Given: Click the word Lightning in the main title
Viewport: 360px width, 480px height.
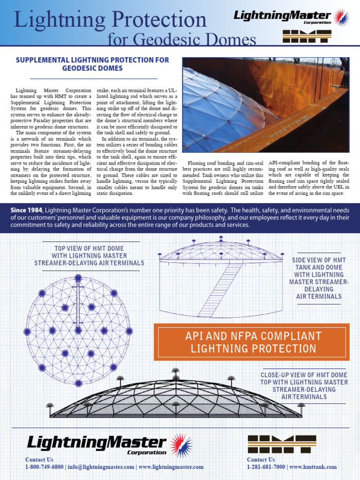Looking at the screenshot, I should pyautogui.click(x=56, y=20).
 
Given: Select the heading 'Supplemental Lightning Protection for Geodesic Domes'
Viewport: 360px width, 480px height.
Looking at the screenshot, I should pyautogui.click(x=92, y=64).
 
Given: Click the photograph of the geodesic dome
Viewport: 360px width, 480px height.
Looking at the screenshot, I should pyautogui.click(x=266, y=105).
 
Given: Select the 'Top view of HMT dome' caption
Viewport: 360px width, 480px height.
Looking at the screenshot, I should pyautogui.click(x=89, y=255).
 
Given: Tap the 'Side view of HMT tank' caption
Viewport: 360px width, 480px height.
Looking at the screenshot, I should pyautogui.click(x=319, y=278).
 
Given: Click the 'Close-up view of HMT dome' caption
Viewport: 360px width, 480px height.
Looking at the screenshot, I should pyautogui.click(x=304, y=386).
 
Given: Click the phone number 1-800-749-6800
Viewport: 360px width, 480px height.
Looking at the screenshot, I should pyautogui.click(x=45, y=467).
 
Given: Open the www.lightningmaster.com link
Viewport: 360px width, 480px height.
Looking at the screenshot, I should pyautogui.click(x=171, y=467).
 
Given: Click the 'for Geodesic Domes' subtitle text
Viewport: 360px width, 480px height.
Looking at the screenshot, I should pyautogui.click(x=182, y=39).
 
